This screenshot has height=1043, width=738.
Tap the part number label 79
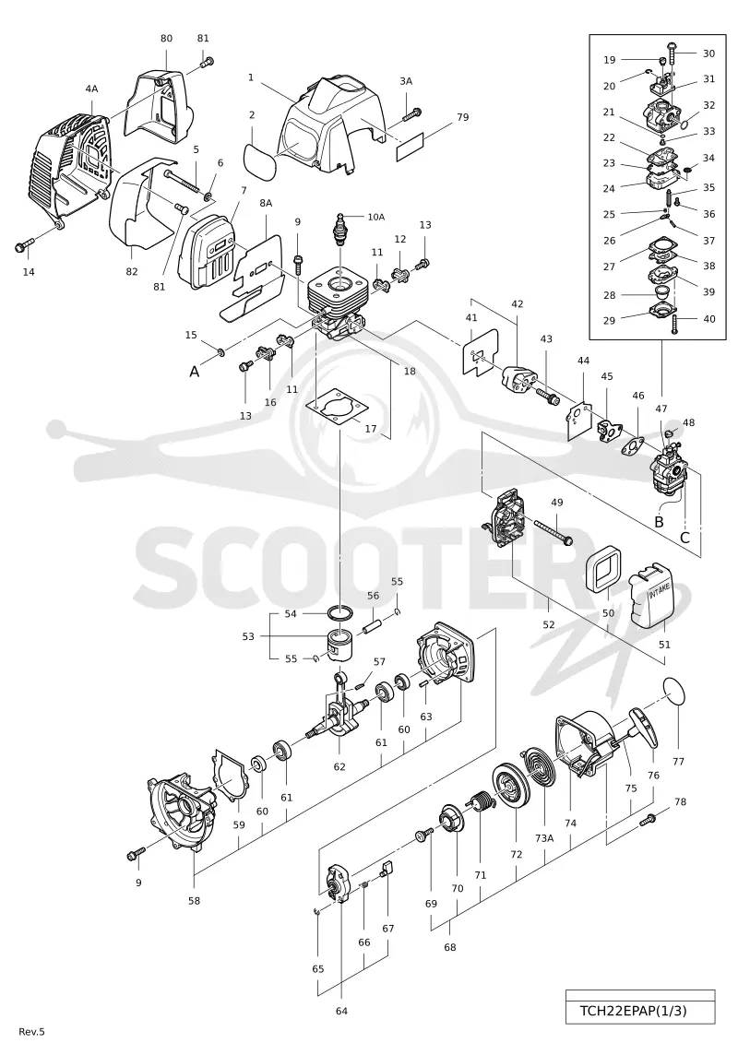pyautogui.click(x=462, y=117)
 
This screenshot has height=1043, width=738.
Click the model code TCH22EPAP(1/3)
pyautogui.click(x=632, y=1011)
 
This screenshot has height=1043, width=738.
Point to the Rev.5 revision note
pyautogui.click(x=32, y=1032)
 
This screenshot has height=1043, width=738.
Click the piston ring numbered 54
pyautogui.click(x=341, y=613)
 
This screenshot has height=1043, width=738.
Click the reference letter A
pyautogui.click(x=195, y=372)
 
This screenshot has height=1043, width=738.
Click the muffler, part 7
pyautogui.click(x=207, y=254)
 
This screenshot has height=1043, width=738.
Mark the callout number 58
pyautogui.click(x=195, y=901)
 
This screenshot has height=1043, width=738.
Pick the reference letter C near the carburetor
pyautogui.click(x=684, y=538)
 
